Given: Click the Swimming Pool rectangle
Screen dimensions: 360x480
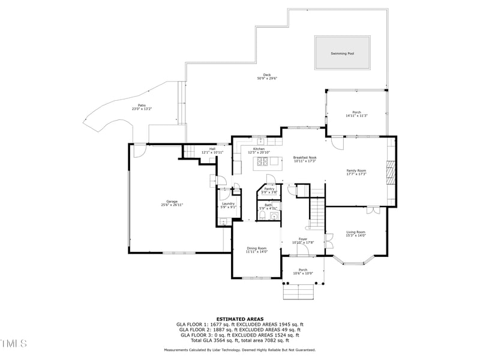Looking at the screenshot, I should (342, 53).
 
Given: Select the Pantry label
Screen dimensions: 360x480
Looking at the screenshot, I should (269, 188).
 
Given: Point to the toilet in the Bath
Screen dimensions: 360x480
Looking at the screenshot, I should (262, 215).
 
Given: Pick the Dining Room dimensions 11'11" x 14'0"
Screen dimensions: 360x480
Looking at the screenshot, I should (256, 252).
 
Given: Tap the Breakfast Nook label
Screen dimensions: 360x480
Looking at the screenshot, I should (305, 158).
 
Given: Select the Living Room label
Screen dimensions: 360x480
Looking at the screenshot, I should (356, 232).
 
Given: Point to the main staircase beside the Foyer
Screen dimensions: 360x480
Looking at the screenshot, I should (316, 212).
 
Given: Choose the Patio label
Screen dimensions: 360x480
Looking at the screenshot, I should (142, 105).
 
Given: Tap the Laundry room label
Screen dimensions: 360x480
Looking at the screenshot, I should (228, 203).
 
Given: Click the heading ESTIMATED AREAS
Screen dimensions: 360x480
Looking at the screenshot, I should (240, 319).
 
